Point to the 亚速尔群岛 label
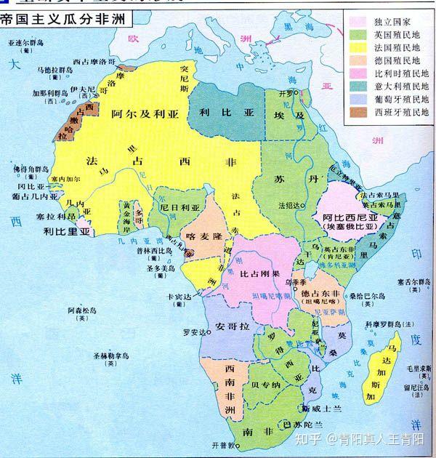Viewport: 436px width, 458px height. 25,44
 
